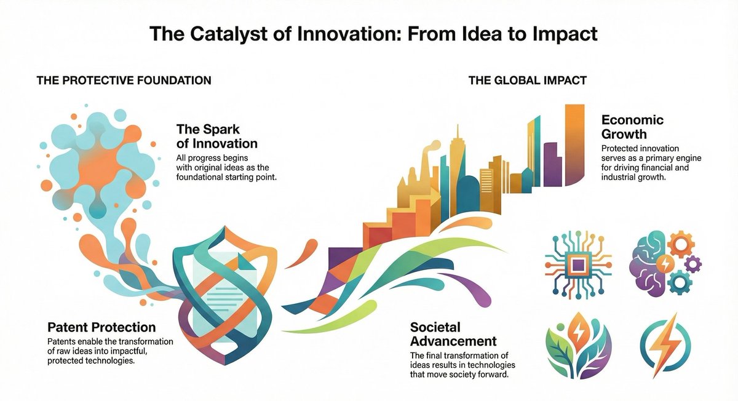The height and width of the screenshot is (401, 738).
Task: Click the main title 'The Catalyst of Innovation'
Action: pyautogui.click(x=373, y=34)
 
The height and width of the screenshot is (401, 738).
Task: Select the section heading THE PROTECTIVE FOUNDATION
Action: pyautogui.click(x=124, y=81)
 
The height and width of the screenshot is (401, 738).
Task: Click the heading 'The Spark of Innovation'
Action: pyautogui.click(x=216, y=137)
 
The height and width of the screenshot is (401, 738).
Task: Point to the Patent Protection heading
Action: pyautogui.click(x=101, y=327)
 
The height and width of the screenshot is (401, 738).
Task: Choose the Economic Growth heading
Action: pyautogui.click(x=632, y=127)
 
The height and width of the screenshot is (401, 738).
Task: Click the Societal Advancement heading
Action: pyautogui.click(x=453, y=333)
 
